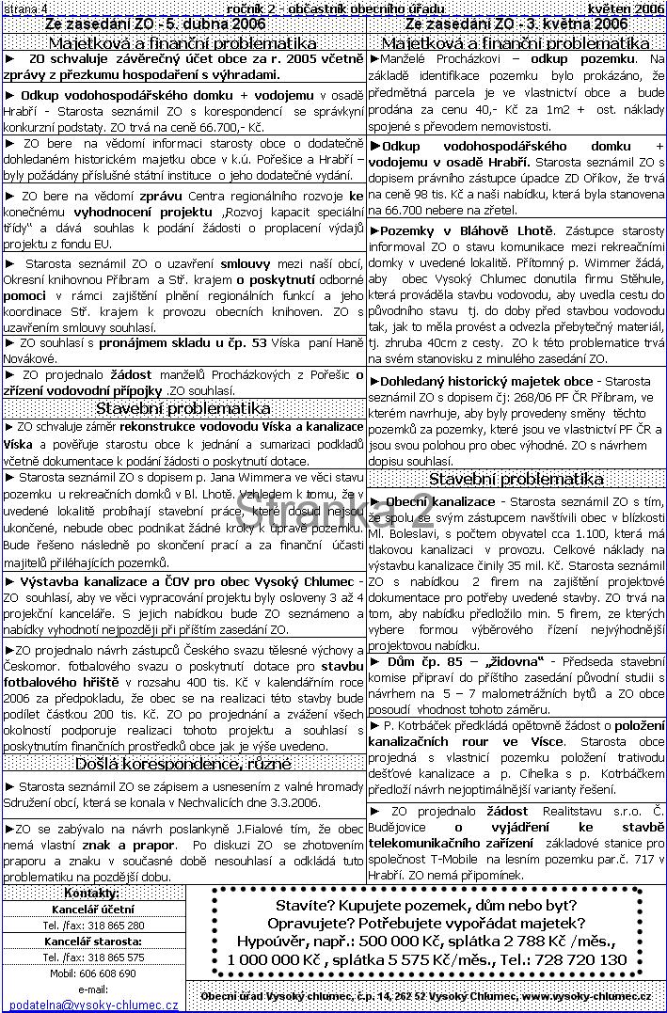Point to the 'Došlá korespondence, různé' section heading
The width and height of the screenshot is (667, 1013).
(x=183, y=764)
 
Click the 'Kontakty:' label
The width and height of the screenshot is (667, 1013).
(x=91, y=892)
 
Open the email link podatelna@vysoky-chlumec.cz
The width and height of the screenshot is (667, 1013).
(x=91, y=1005)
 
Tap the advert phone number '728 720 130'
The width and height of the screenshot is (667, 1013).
(x=582, y=959)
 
